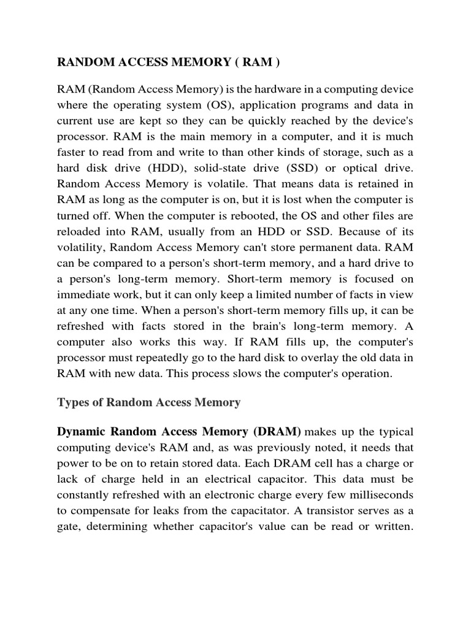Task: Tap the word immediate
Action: pos(84,295)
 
